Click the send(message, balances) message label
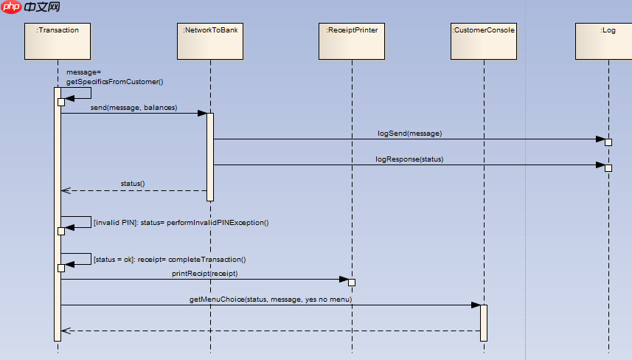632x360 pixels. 133,108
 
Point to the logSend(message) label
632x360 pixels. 409,134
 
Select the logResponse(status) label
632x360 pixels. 409,159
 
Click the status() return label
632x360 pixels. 133,183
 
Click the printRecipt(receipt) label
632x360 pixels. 205,274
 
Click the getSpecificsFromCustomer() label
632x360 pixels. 114,82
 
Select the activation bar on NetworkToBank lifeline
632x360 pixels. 210,156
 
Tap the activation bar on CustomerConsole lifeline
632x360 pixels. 484,322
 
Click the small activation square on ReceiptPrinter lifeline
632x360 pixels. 352,283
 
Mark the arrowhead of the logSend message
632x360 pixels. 600,139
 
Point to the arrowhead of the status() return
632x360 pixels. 65,190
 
